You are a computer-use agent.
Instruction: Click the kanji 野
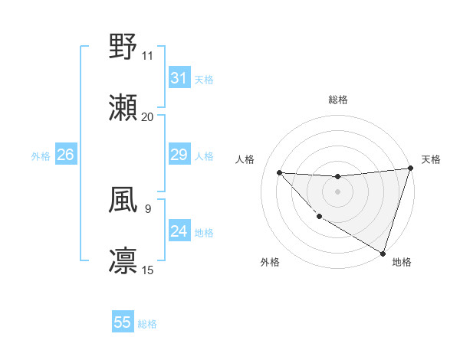tap(123, 47)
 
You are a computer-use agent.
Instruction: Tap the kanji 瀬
tap(123, 108)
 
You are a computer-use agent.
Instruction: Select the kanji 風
tap(123, 200)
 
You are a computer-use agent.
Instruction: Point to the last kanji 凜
tap(123, 261)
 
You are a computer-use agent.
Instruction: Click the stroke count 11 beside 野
tap(148, 56)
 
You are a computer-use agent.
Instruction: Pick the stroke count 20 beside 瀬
tap(148, 117)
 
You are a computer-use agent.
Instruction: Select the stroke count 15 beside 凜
tap(148, 270)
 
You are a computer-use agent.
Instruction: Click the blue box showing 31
tap(179, 78)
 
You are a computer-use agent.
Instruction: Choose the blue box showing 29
tap(179, 155)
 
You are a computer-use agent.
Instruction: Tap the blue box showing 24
tap(179, 231)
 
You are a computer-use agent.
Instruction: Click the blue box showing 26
tap(65, 155)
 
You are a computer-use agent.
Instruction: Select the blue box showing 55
tap(123, 322)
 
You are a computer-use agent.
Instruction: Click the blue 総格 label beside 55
tap(147, 324)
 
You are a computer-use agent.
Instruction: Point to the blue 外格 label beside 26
tap(41, 156)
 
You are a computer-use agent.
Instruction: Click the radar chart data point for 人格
tap(279, 172)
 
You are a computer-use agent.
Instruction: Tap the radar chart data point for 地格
tap(382, 253)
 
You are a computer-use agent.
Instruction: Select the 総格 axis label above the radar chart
tap(337, 100)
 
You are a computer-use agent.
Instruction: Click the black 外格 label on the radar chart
tap(270, 262)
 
